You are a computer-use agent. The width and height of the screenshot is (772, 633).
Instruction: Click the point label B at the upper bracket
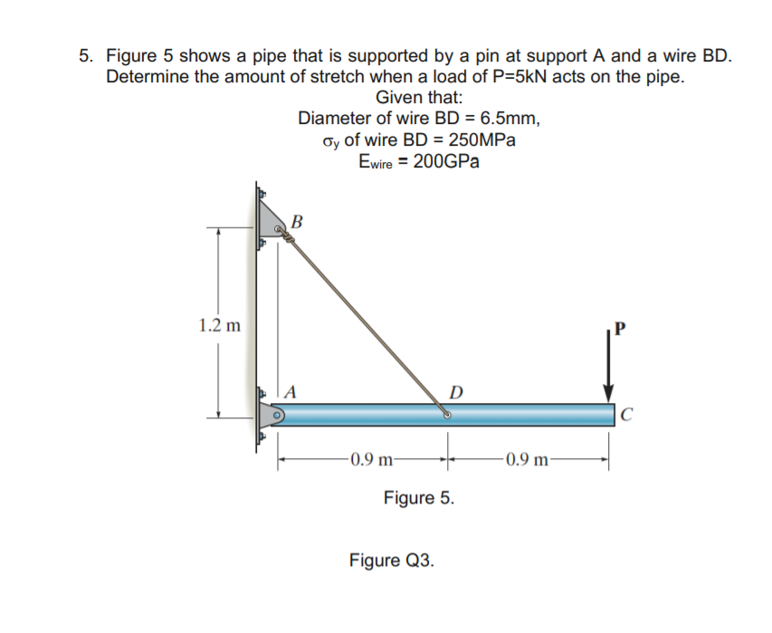[x=300, y=220]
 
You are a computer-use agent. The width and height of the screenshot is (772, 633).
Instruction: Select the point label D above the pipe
[x=457, y=392]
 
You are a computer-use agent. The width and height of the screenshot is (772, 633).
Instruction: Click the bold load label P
[x=619, y=328]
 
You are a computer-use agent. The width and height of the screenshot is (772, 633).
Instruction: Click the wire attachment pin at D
[x=447, y=416]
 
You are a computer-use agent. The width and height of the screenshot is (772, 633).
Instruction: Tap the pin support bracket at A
[x=272, y=415]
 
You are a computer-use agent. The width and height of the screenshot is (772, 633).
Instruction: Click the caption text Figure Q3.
[x=391, y=559]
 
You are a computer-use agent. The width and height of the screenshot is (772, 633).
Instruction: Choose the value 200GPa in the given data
[x=445, y=163]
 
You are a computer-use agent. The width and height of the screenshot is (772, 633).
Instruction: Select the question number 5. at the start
[x=86, y=55]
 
